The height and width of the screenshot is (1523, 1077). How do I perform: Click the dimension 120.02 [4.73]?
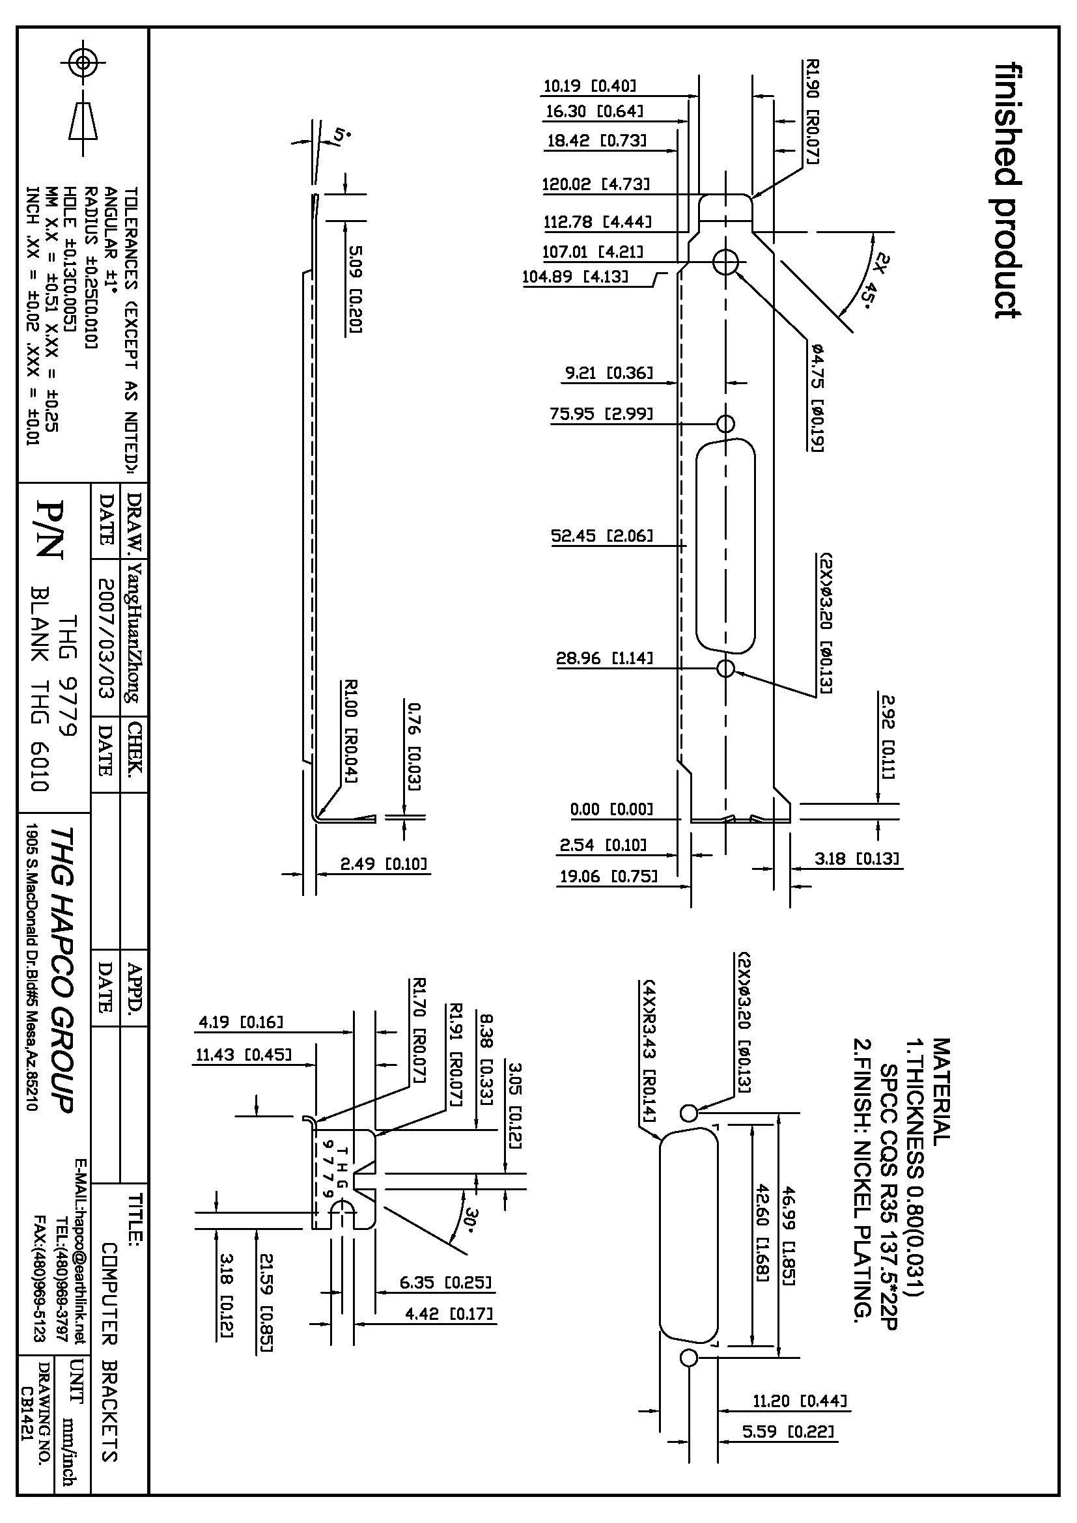coord(596,184)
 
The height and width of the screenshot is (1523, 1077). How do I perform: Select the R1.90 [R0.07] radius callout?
coord(813,111)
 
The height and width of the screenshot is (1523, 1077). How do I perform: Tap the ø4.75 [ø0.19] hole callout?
coord(817,398)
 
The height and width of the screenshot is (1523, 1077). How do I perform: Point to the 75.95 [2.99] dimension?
coord(602,415)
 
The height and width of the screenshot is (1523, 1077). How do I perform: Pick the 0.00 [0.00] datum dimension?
coord(611,809)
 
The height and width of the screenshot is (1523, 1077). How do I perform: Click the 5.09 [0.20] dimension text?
coord(356,290)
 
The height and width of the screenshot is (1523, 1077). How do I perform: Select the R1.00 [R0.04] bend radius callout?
coord(352,731)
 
